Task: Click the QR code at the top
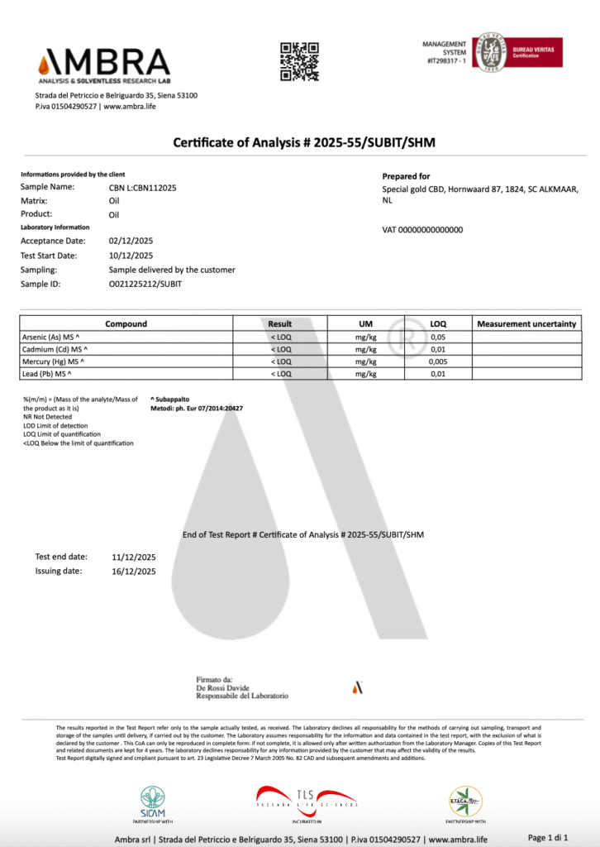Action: click(299, 61)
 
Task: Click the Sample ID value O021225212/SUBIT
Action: click(145, 284)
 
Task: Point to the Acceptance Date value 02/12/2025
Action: click(132, 241)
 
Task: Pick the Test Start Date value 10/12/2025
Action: click(132, 256)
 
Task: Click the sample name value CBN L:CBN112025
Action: click(142, 188)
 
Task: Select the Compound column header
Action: click(126, 323)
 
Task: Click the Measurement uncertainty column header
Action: click(526, 323)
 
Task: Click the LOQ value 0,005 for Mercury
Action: click(440, 361)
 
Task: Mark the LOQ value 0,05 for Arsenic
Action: click(440, 337)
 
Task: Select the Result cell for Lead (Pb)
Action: click(281, 374)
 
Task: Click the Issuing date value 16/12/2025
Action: click(133, 572)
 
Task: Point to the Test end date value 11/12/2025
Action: click(133, 557)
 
